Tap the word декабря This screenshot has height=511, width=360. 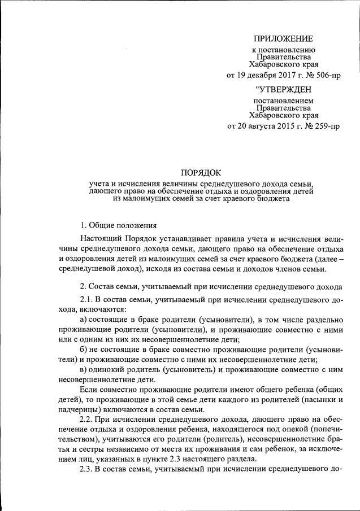pos(259,75)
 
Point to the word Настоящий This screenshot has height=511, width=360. pos(99,240)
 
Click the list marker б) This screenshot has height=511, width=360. pos(85,349)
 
